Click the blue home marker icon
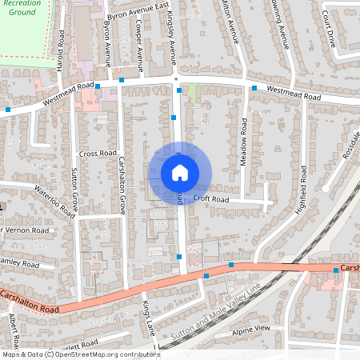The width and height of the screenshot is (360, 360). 180,172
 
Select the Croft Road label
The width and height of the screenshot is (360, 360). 211,199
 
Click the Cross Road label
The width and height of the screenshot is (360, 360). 98,153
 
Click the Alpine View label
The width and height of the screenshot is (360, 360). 252,329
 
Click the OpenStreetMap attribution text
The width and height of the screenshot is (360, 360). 80,354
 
